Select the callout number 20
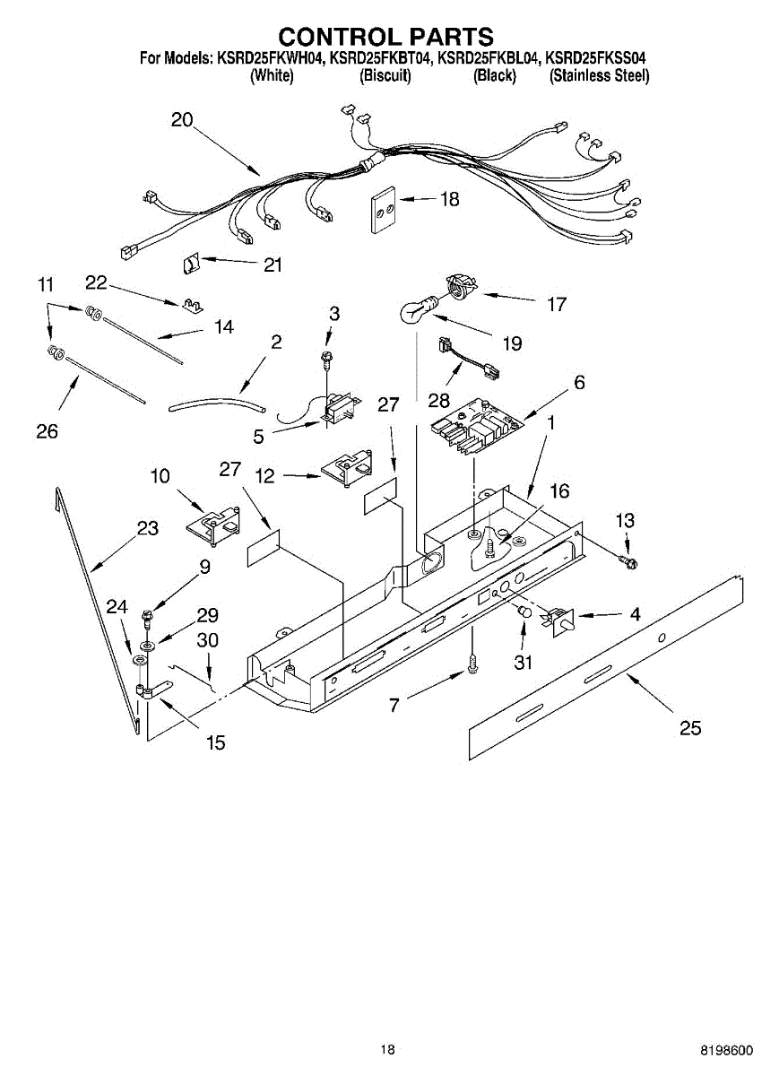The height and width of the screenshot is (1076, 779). pyautogui.click(x=182, y=120)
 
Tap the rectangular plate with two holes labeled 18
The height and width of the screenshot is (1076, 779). pyautogui.click(x=384, y=211)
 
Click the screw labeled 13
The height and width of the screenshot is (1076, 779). pyautogui.click(x=629, y=562)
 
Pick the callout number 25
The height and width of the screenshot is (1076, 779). pyautogui.click(x=690, y=727)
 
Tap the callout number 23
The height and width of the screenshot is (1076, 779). pyautogui.click(x=148, y=528)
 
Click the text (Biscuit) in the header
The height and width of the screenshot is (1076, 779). pyautogui.click(x=385, y=76)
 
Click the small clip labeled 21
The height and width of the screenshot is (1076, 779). pyautogui.click(x=189, y=264)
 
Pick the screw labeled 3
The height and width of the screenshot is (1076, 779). pyautogui.click(x=329, y=359)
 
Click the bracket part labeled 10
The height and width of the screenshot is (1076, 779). pyautogui.click(x=214, y=524)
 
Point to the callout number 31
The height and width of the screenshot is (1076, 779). pyautogui.click(x=523, y=663)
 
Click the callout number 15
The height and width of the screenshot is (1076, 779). pyautogui.click(x=214, y=742)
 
